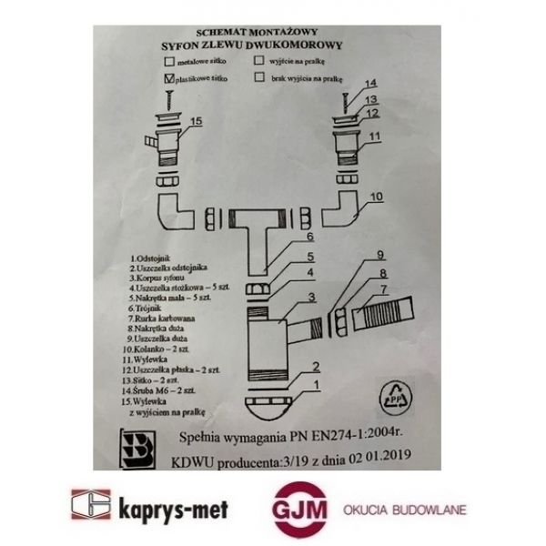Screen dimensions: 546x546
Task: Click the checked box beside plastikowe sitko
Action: (x=170, y=79)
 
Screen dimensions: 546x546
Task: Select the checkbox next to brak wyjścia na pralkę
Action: (x=260, y=79)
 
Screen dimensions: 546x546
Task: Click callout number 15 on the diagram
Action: (x=197, y=120)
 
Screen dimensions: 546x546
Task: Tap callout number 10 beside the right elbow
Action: (x=377, y=195)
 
